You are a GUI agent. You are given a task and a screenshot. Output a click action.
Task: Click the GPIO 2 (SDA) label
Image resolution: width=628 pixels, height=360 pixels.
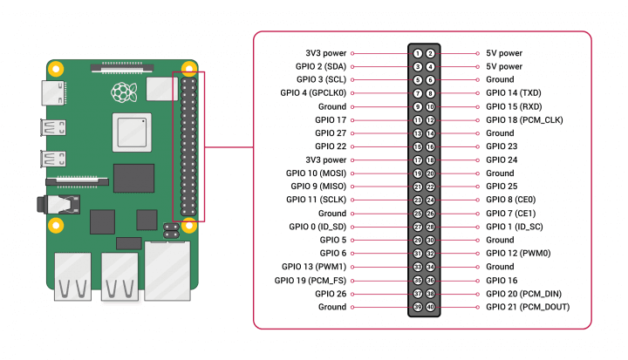coord(320,66)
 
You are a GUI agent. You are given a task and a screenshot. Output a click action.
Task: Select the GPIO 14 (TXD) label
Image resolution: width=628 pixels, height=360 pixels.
coord(514,92)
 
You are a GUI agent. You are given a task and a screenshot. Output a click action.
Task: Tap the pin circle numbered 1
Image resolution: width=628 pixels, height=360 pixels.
coord(419,53)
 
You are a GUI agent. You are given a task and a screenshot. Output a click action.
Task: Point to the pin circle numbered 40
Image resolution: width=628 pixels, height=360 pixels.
coord(431,307)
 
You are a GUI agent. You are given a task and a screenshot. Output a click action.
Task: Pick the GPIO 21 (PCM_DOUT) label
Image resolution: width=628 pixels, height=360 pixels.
coord(525,307)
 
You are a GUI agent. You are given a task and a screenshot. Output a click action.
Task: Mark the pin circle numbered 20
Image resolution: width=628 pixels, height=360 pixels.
coord(431,173)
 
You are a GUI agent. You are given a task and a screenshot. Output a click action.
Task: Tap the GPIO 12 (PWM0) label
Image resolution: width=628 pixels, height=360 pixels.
coord(517,254)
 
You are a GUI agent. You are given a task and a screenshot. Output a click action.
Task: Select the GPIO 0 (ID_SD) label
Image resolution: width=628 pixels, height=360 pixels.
coord(317,227)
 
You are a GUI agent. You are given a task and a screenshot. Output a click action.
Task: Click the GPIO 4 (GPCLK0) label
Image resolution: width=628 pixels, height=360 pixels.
coord(313,92)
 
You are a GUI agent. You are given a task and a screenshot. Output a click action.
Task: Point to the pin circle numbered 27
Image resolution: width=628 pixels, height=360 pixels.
coord(419,227)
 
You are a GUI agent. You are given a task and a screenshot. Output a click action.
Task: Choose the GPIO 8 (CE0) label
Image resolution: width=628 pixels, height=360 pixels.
coord(510,200)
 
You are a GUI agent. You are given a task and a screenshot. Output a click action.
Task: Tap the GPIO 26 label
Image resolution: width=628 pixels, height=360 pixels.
coord(331,294)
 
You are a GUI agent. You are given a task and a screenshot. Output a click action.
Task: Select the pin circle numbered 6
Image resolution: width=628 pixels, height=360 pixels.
coord(431,79)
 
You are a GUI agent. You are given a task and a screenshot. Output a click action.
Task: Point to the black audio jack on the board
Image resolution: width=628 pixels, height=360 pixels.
coord(49,207)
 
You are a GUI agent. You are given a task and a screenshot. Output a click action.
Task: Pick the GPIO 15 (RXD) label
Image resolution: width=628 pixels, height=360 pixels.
coord(514,106)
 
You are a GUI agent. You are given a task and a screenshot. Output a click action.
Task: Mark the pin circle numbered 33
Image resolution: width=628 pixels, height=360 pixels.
coord(419,267)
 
